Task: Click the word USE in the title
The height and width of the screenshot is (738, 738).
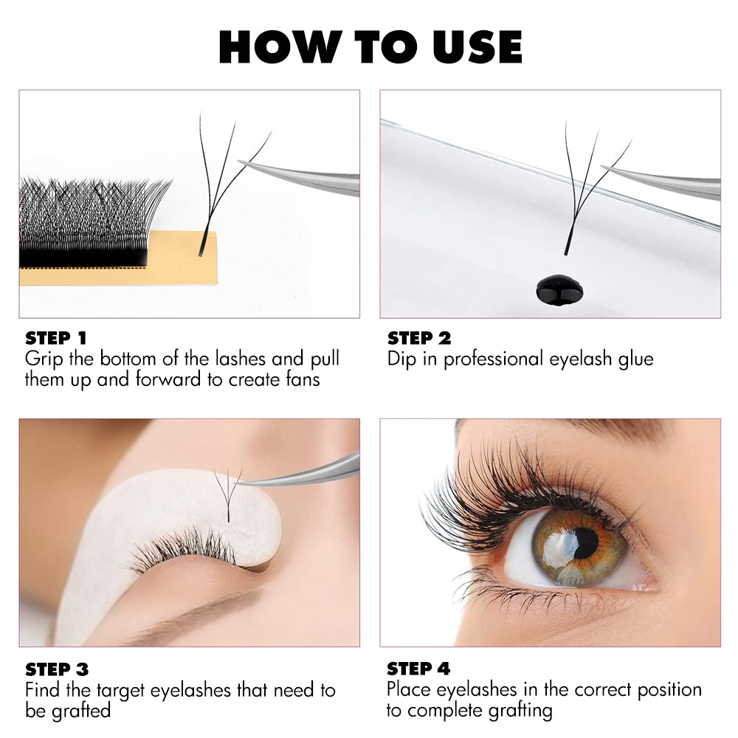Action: [x=477, y=46]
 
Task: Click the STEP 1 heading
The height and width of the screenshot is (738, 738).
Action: [x=56, y=338]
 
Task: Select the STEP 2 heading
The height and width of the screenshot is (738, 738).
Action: [x=419, y=338]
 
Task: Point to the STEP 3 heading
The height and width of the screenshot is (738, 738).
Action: [x=57, y=669]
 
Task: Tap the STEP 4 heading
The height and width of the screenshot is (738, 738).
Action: [x=418, y=669]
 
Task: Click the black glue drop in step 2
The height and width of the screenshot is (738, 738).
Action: [x=559, y=290]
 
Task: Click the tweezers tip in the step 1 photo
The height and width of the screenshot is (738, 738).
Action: [x=238, y=162]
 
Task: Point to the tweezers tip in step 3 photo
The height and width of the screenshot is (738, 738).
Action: [x=236, y=484]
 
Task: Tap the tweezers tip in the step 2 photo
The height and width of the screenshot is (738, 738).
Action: [x=602, y=167]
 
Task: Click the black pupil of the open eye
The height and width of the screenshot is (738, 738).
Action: [x=585, y=543]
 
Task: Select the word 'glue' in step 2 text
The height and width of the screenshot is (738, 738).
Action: [x=636, y=359]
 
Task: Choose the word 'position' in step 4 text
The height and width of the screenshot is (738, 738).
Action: [x=669, y=690]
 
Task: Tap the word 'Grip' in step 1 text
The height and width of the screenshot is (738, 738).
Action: [x=44, y=359]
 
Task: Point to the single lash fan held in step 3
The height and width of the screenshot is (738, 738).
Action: [x=228, y=494]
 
